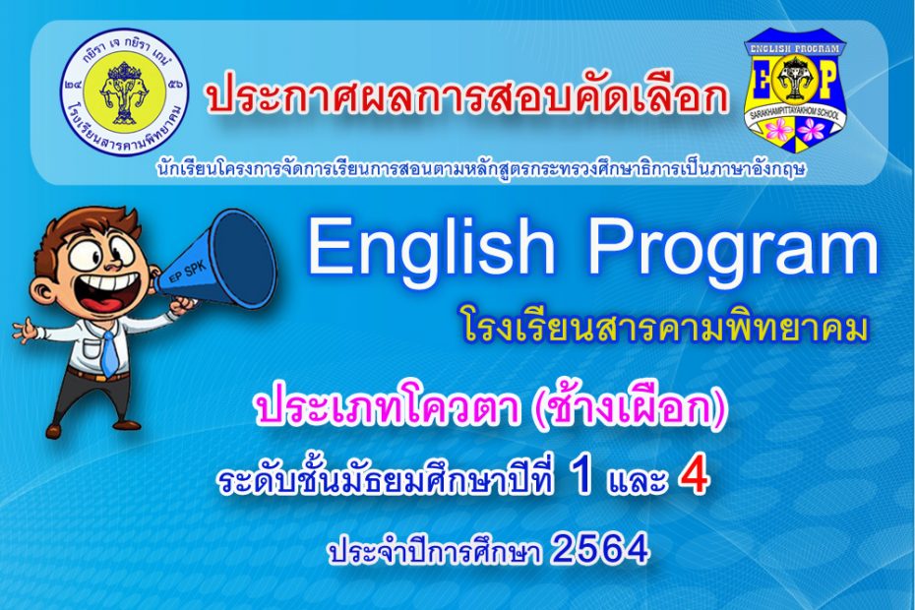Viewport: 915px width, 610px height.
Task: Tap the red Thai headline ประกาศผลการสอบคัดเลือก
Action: pyautogui.click(x=467, y=95)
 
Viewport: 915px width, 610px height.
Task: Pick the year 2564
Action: pyautogui.click(x=599, y=549)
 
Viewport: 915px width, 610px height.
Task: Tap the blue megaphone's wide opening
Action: pyautogui.click(x=246, y=258)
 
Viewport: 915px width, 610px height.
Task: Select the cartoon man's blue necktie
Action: pyautogui.click(x=109, y=351)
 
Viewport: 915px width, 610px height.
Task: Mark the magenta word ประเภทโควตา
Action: pyautogui.click(x=387, y=408)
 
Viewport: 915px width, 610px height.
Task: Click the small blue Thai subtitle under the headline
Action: pyautogui.click(x=481, y=168)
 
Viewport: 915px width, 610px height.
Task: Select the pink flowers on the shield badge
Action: pyautogui.click(x=795, y=129)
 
